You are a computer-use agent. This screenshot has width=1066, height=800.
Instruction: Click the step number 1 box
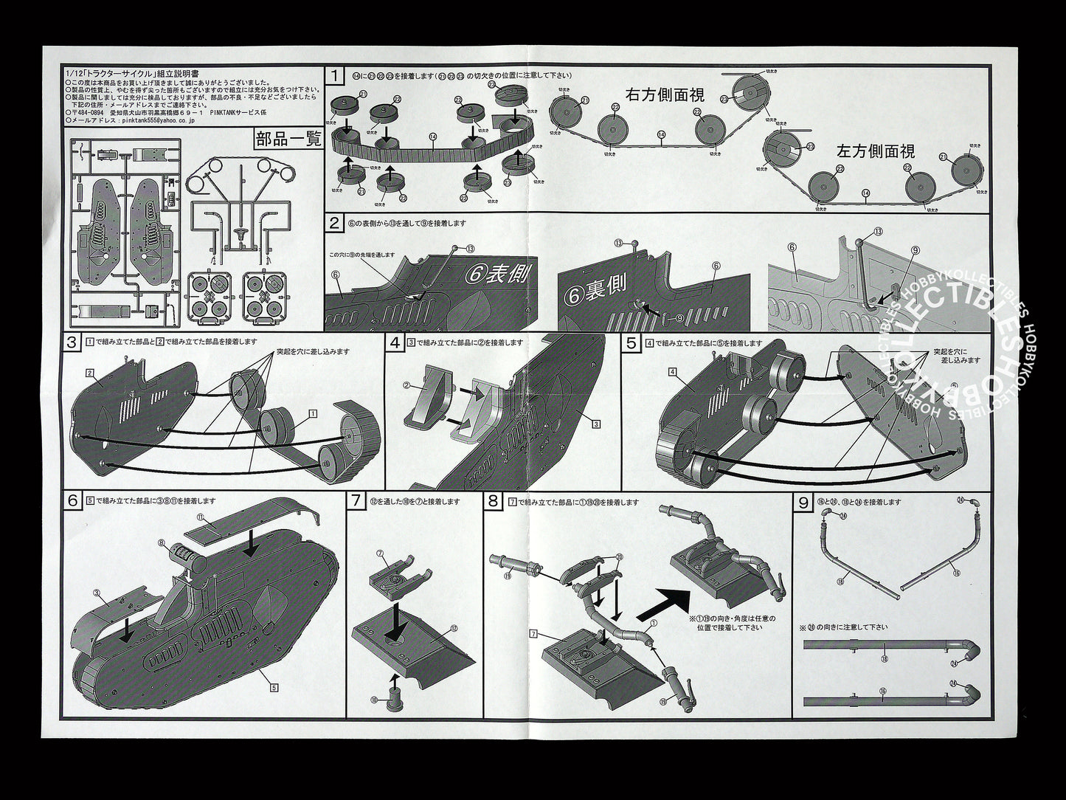[x=336, y=75]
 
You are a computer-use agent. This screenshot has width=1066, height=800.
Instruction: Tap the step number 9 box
[x=803, y=501]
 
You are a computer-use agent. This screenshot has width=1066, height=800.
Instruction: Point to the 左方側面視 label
[x=876, y=151]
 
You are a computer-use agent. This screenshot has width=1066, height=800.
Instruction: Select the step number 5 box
[x=631, y=342]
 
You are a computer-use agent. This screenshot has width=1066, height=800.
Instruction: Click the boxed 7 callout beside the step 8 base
[x=532, y=634]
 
